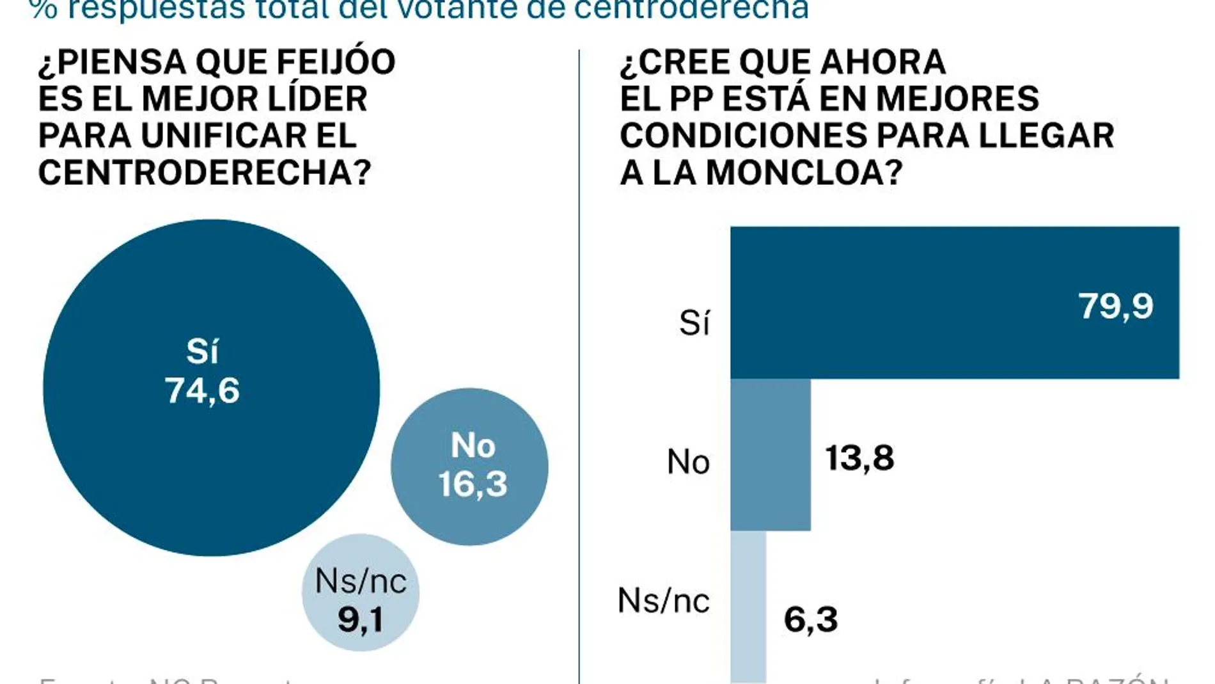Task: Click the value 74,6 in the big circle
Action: [202, 390]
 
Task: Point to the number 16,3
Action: [473, 484]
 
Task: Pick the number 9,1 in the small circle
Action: [361, 619]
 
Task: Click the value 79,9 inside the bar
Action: [1116, 306]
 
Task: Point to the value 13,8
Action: [859, 458]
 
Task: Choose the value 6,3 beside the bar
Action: [810, 619]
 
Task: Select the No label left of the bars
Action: [688, 461]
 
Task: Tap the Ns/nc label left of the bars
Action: [664, 601]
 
